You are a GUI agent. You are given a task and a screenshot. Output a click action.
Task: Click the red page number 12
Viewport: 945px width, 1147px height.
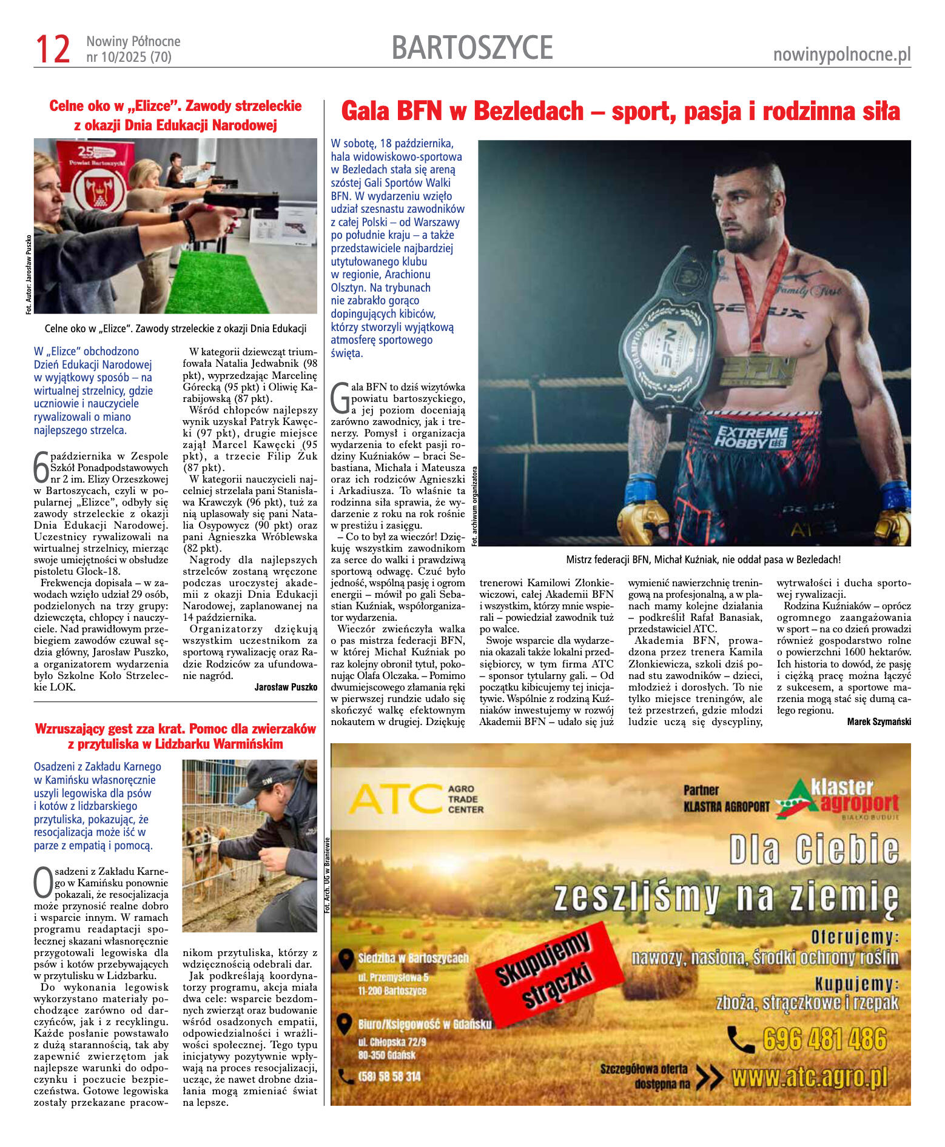53,49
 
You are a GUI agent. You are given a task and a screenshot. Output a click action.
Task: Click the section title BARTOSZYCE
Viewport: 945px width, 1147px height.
472,48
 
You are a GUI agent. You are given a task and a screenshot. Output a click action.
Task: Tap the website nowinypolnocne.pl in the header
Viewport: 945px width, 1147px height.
841,55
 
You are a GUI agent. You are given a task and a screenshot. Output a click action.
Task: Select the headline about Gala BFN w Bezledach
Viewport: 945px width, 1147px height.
620,112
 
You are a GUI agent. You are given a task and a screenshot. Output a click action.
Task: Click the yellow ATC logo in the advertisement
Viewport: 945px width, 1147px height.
395,798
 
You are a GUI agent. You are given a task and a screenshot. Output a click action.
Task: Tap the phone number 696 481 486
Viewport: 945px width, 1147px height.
825,1039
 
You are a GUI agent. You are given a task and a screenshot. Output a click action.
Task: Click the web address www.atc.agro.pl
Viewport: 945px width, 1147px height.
810,1078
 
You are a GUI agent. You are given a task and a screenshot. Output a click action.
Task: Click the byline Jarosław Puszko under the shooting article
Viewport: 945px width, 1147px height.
286,687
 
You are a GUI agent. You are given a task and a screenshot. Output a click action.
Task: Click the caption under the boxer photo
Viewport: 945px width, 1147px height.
703,560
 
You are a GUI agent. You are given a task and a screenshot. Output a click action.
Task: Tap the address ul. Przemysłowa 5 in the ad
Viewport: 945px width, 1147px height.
393,977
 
